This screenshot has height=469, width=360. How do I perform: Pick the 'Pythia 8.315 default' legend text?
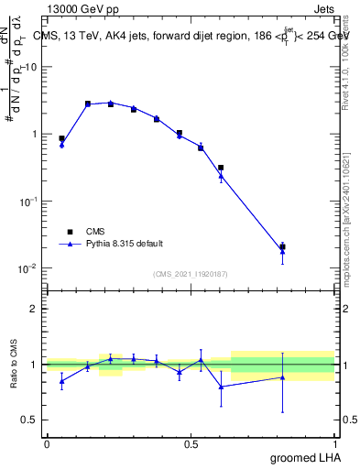pos(124,244)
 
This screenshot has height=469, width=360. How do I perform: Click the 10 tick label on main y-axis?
pos(31,67)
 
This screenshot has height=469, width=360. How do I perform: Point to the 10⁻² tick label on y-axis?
pos(28,268)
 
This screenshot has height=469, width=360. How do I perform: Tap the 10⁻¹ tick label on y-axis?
pos(28,202)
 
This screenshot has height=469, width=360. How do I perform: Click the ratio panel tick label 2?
pos(34,309)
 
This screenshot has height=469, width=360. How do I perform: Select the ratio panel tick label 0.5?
pos(29,420)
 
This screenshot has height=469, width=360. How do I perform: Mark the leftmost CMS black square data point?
pos(61,138)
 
